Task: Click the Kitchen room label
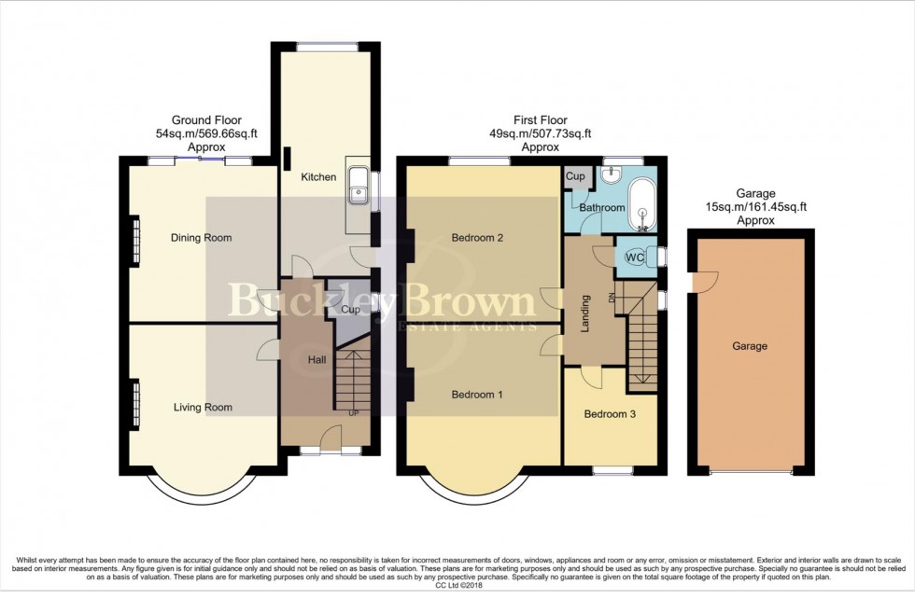click(318, 176)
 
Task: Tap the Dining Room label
click(201, 238)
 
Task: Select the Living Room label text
click(203, 407)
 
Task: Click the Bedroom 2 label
click(477, 238)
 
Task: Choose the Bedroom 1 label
click(477, 395)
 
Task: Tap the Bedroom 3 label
click(610, 414)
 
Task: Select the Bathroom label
click(601, 207)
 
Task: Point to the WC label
click(635, 257)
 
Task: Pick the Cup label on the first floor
click(575, 176)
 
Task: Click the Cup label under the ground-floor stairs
click(351, 310)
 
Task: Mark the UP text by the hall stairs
click(352, 412)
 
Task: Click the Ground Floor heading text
click(206, 120)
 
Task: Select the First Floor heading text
click(541, 120)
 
